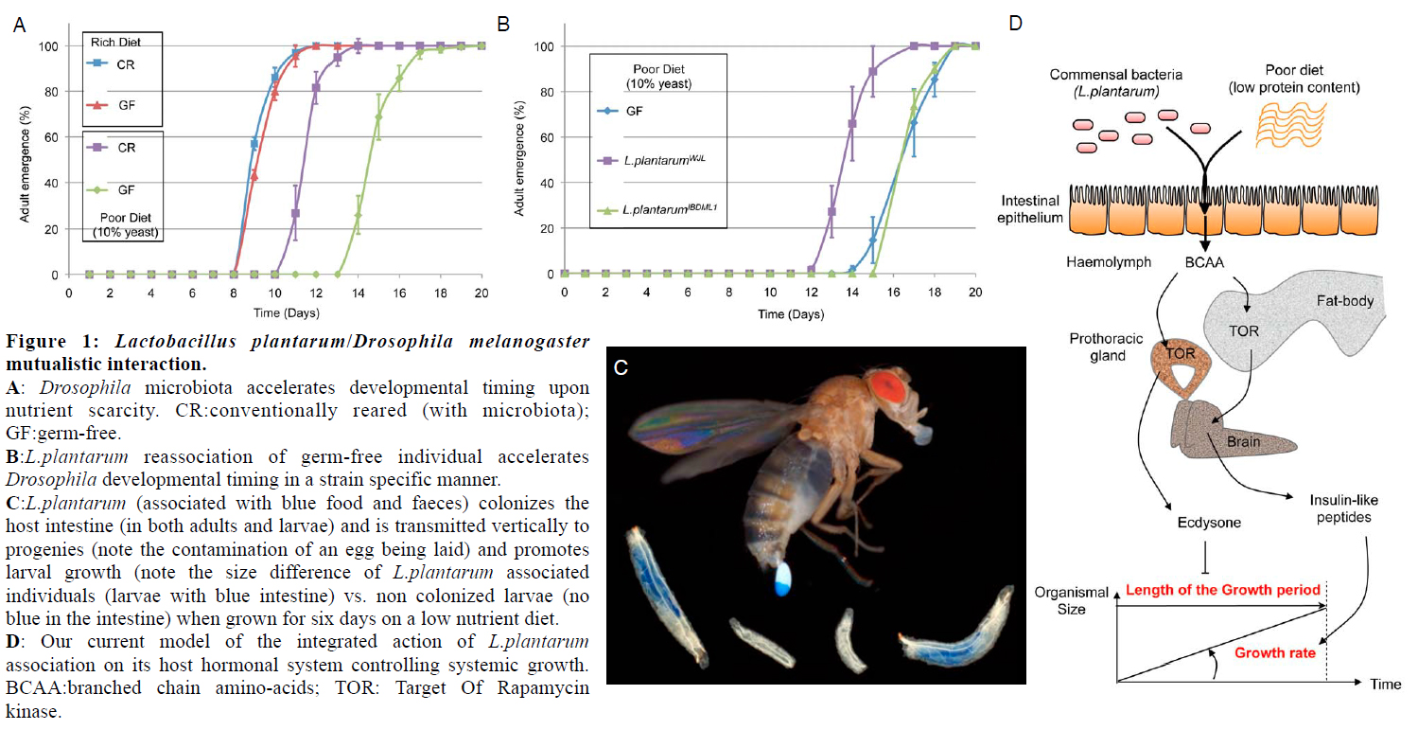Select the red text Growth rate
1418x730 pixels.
(1275, 652)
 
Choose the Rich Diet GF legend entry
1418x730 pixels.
(126, 105)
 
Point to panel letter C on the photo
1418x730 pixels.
(621, 368)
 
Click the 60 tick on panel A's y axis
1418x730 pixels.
(52, 137)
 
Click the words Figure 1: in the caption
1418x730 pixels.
(46, 342)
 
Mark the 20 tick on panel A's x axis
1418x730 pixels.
(481, 293)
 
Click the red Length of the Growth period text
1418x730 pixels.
(1222, 590)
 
